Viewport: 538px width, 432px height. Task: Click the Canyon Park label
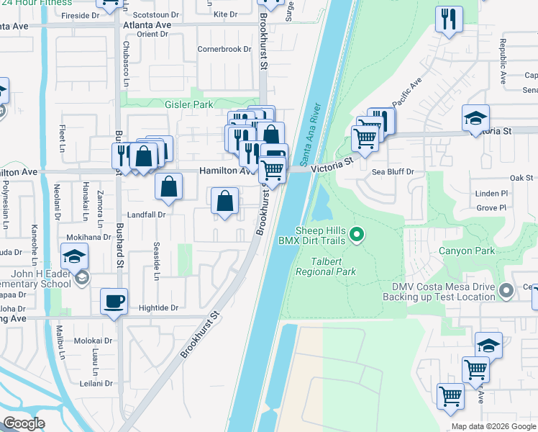(x=470, y=251)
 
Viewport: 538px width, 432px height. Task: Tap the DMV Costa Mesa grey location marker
(x=506, y=292)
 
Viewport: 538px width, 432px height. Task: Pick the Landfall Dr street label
(x=147, y=215)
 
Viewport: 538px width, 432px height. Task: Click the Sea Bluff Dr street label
(x=393, y=172)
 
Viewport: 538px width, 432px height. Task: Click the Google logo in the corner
(x=24, y=423)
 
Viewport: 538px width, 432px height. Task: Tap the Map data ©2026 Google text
(x=493, y=426)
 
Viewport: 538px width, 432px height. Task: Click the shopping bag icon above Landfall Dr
(x=168, y=186)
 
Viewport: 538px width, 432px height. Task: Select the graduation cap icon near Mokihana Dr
(x=74, y=256)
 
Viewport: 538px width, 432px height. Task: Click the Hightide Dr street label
(x=160, y=307)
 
